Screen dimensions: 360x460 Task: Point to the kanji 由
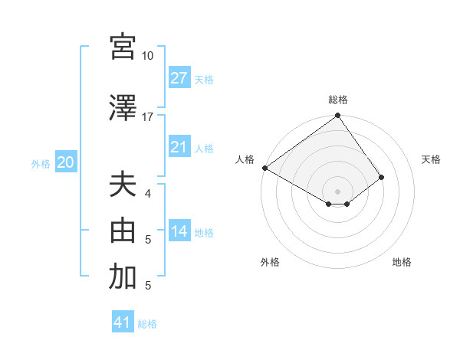[123, 231]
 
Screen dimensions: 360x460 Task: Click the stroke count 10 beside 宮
[147, 56]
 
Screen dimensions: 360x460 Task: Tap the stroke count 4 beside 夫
[149, 194]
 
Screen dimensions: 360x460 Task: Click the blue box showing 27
[179, 77]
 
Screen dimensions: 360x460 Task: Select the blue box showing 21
[179, 147]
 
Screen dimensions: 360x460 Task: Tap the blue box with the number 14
[179, 231]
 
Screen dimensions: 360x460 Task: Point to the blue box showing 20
[65, 162]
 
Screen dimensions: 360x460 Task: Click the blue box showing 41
[123, 322]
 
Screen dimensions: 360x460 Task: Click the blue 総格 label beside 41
[147, 324]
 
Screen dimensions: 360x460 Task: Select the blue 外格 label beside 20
[41, 164]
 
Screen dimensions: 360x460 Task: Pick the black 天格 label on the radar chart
[431, 159]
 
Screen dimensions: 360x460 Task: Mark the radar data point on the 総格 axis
[337, 116]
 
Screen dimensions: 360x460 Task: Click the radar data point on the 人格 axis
[264, 168]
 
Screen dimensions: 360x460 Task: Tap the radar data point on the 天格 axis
[381, 177]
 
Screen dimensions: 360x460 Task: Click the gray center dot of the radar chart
[337, 190]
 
